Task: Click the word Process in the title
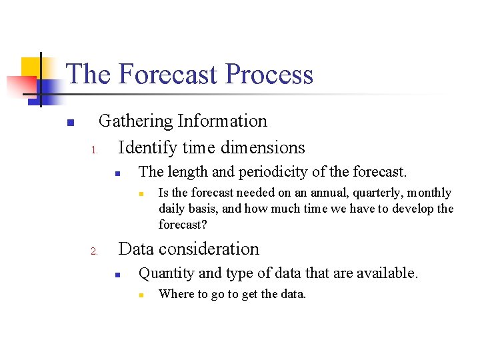[x=269, y=74]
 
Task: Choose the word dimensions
[x=257, y=148]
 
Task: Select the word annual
[x=319, y=193]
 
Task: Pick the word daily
[x=172, y=209]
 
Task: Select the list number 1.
[x=94, y=149]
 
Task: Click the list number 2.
[x=94, y=251]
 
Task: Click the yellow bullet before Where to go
[x=141, y=295]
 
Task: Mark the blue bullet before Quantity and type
[x=116, y=275]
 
